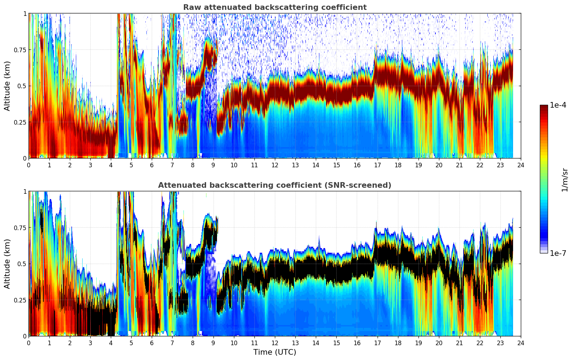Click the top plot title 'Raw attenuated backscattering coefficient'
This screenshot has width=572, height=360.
pos(275,7)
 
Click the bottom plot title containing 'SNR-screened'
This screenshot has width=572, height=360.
pos(275,185)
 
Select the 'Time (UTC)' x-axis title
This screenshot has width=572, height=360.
pos(275,352)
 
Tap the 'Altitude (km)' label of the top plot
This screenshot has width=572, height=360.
pos(7,86)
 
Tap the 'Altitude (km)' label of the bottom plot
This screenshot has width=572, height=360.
pos(7,264)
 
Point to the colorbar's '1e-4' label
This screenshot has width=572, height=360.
pos(558,105)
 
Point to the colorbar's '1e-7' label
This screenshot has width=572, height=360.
pos(558,253)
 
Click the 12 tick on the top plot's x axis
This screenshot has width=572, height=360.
pos(275,165)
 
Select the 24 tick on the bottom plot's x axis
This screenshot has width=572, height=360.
pos(521,343)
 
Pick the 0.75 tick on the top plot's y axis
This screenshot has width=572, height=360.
pos(20,50)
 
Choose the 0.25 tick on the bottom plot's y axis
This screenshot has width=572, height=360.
pos(20,300)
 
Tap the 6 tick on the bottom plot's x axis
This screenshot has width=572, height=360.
pos(152,343)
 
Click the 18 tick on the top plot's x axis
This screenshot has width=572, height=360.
pos(398,165)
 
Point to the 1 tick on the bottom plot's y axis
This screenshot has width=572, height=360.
pos(25,192)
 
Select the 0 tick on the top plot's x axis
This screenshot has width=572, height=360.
pos(29,165)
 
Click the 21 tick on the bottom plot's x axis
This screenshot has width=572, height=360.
pos(459,343)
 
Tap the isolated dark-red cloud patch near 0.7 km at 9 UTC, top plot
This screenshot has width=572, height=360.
pos(210,55)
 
